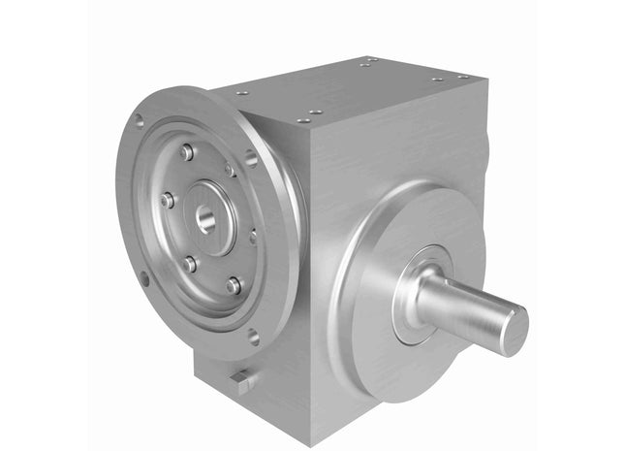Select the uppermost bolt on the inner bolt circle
186,152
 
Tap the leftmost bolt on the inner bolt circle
168,201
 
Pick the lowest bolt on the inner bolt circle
234,285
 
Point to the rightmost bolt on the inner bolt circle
254,236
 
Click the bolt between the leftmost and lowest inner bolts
191,262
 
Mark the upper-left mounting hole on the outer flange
139,121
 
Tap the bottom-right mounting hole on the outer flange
254,337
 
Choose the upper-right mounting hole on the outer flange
251,157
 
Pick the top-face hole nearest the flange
241,93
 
